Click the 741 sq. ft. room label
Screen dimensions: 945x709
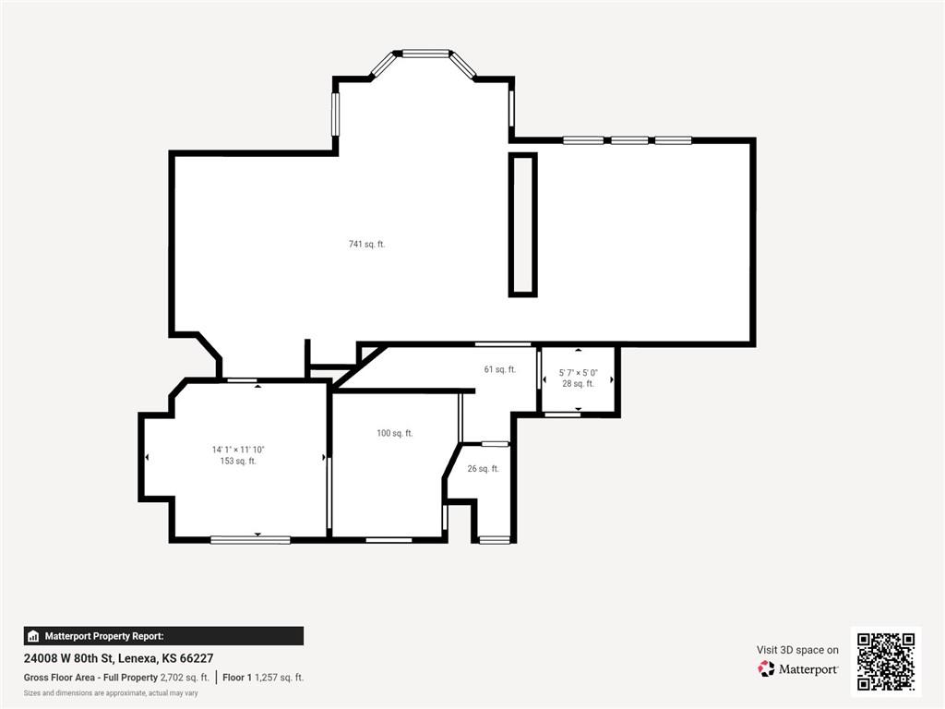[x=366, y=244]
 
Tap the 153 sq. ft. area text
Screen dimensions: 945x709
[x=238, y=462]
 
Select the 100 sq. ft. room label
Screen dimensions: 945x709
[x=395, y=433]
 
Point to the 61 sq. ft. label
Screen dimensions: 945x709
[x=500, y=369]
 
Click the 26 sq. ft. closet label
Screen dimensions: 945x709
[x=484, y=468]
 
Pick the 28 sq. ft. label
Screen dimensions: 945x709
[x=578, y=383]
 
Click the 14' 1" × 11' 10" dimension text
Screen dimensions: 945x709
[x=238, y=450]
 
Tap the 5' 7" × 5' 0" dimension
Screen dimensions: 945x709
[x=578, y=373]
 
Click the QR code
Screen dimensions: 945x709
[x=886, y=661]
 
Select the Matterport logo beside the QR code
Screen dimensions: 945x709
[x=798, y=669]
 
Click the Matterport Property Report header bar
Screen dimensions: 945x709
[x=163, y=636]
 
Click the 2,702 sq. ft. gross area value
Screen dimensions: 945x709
[x=185, y=678]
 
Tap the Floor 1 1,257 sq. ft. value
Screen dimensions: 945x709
[x=263, y=678]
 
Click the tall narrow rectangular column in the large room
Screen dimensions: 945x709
[x=522, y=225]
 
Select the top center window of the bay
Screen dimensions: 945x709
[x=425, y=53]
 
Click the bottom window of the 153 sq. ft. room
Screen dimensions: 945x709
[x=250, y=539]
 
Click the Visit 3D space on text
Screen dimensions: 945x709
[x=797, y=650]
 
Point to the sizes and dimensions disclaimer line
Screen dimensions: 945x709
[x=111, y=693]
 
